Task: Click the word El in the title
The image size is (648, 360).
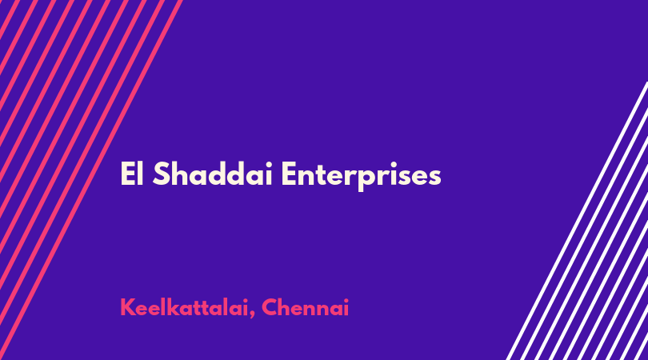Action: (132, 174)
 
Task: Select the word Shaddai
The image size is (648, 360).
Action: (213, 174)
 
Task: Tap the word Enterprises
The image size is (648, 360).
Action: (361, 175)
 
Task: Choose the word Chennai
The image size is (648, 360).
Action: (306, 307)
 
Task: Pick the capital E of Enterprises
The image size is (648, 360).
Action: (290, 174)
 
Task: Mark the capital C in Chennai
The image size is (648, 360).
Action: (270, 307)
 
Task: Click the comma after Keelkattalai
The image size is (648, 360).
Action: (252, 315)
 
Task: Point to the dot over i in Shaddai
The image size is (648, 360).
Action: (268, 164)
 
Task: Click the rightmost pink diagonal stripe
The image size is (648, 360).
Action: (91, 180)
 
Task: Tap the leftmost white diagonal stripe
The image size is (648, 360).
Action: (577, 221)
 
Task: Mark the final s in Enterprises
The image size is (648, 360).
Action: (434, 177)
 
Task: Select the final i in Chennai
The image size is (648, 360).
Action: (346, 308)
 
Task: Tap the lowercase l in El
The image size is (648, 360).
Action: (140, 174)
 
